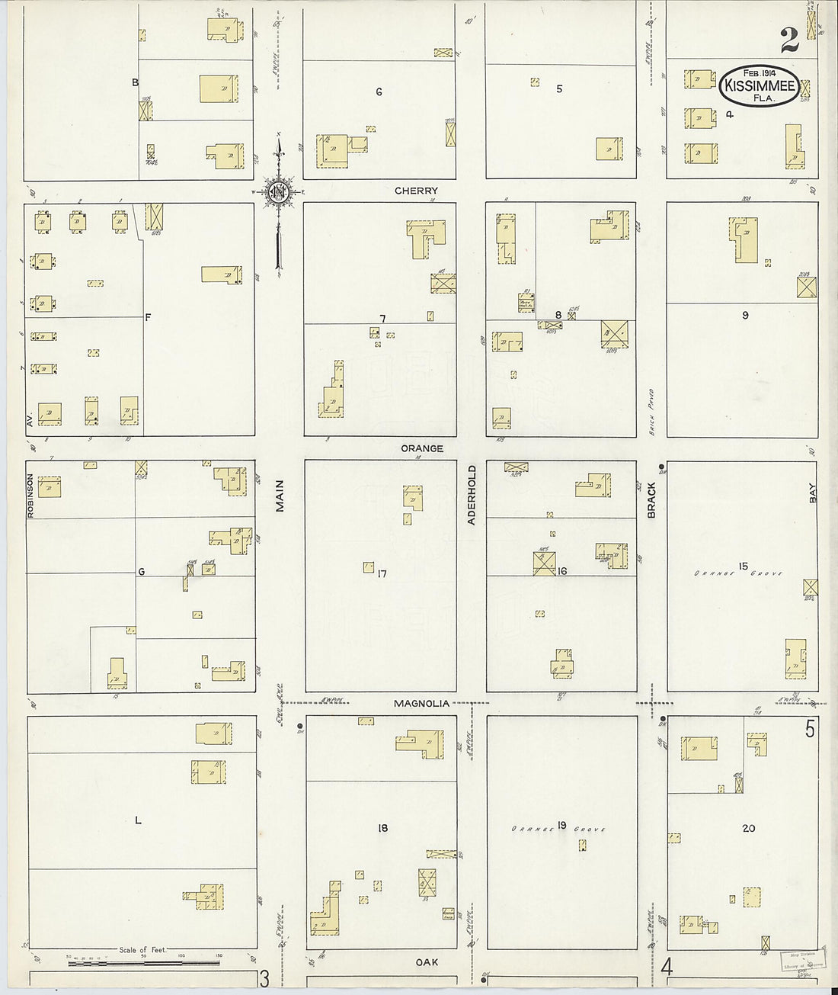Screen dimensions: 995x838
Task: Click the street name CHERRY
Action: (x=416, y=191)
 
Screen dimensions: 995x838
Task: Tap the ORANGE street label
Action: (x=422, y=449)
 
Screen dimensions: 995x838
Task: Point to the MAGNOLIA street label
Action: (x=421, y=704)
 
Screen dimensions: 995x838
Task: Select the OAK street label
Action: (x=428, y=963)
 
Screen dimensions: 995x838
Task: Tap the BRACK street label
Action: (x=652, y=500)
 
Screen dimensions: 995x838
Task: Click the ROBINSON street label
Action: (x=31, y=496)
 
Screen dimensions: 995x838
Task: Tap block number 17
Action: (x=382, y=573)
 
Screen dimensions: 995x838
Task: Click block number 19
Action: (x=561, y=826)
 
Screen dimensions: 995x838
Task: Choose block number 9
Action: (x=745, y=315)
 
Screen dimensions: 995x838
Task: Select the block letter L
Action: (x=138, y=820)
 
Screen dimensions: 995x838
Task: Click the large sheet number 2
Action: (x=789, y=40)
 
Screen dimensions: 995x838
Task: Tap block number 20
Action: (x=748, y=828)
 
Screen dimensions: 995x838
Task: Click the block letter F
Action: (x=149, y=318)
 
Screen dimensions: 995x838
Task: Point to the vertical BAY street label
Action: (x=813, y=496)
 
